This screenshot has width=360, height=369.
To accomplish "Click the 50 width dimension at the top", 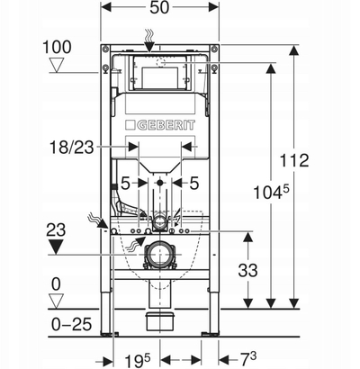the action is (159, 7).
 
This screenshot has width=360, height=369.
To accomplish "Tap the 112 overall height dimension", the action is (294, 160).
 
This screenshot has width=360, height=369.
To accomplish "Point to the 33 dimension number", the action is (247, 270).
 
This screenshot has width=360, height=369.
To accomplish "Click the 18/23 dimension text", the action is (72, 148).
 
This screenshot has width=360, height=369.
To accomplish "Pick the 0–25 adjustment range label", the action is (71, 324).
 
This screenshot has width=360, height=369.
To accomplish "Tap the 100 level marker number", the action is (57, 47).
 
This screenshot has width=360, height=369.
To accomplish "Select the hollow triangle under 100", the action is (57, 65).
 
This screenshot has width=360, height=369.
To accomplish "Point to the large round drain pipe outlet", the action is (160, 255).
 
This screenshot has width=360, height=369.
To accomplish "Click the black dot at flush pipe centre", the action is (160, 183).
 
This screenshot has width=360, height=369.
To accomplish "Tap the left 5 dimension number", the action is (125, 183).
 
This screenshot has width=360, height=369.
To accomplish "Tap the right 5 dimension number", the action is (194, 183).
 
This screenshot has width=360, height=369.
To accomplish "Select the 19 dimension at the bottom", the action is (137, 360).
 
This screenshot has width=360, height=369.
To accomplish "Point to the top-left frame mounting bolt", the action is (104, 49).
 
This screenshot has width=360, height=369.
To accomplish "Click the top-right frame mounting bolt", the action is (213, 49).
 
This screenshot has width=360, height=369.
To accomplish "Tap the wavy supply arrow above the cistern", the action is (149, 40).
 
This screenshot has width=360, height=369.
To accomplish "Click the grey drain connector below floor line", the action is (160, 322).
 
